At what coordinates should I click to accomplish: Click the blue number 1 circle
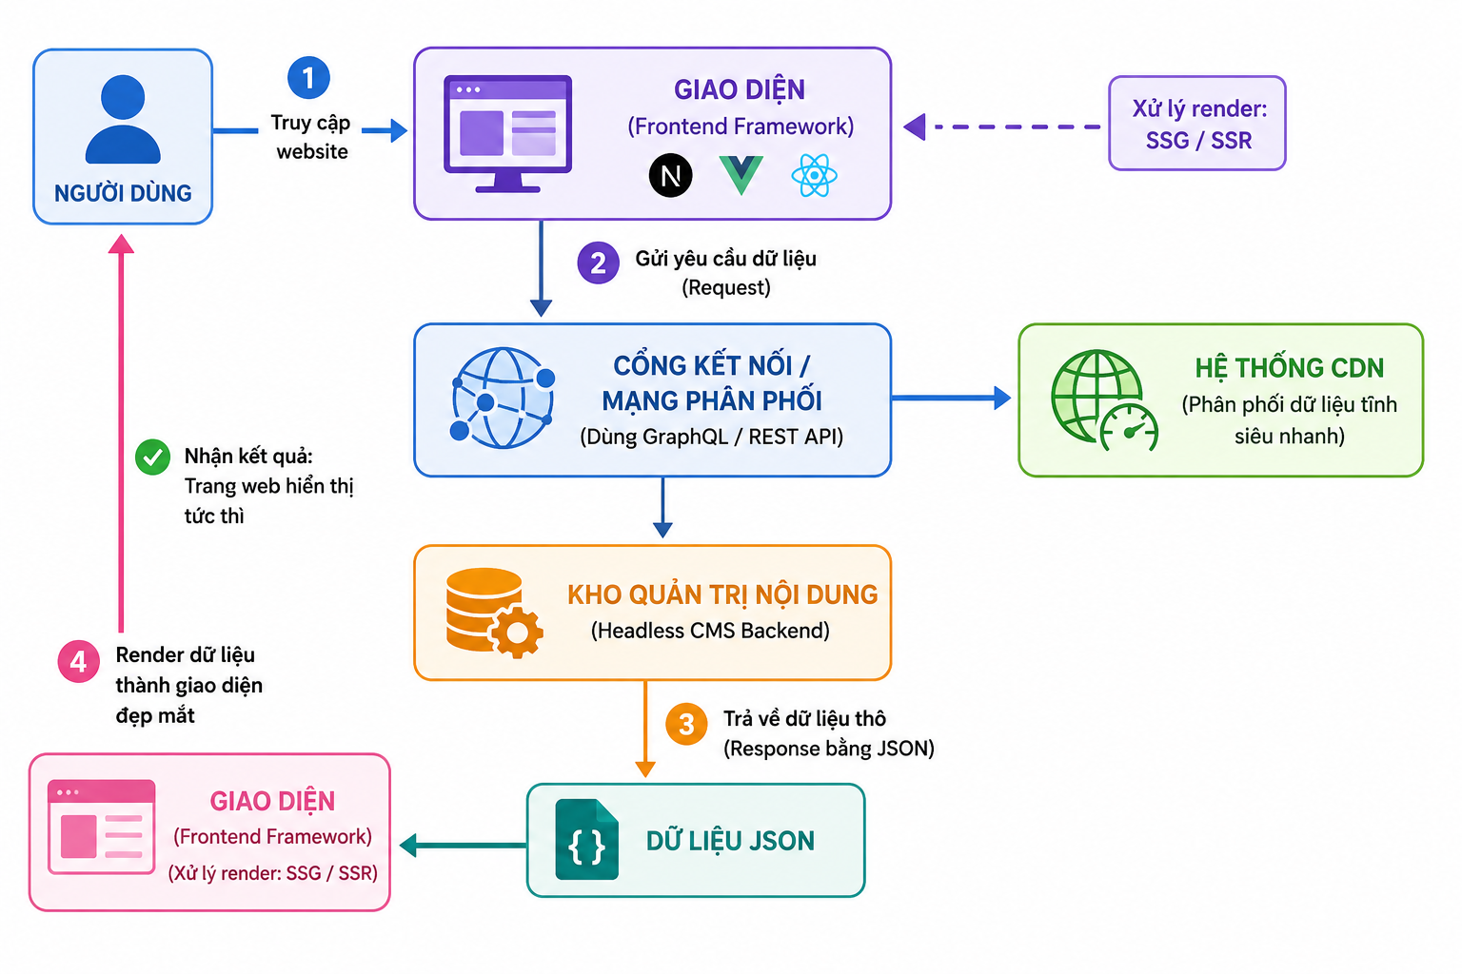click(308, 78)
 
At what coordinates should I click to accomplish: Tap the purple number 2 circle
click(598, 263)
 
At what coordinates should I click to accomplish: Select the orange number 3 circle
click(686, 724)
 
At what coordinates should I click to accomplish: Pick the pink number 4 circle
click(78, 661)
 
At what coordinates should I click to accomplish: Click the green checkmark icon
click(152, 458)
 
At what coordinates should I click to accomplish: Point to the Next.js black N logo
click(670, 175)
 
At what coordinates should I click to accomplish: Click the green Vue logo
click(741, 175)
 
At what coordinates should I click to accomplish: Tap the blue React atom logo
click(814, 175)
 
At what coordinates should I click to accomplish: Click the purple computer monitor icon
click(507, 134)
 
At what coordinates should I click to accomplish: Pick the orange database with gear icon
click(494, 613)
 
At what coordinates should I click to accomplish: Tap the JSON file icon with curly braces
click(586, 839)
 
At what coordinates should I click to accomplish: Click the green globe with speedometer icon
click(1104, 400)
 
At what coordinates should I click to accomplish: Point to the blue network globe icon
click(503, 398)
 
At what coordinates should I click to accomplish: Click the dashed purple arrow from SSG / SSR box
click(1002, 127)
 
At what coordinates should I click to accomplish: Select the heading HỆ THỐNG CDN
click(1289, 369)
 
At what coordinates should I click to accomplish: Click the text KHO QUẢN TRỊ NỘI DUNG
click(722, 595)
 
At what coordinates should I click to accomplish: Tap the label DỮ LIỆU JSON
click(730, 841)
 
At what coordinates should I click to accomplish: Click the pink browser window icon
click(101, 827)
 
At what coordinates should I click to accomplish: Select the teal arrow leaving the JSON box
click(464, 846)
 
